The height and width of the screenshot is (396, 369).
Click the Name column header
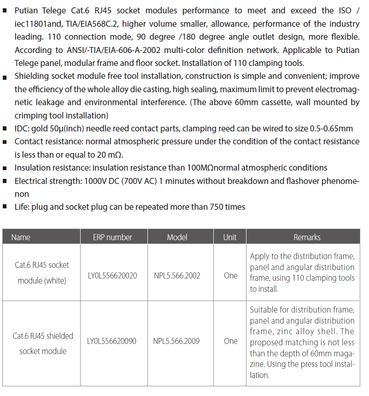(x=21, y=237)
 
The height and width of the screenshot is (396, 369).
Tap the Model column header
(x=177, y=237)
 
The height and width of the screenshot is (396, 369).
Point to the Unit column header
(x=230, y=237)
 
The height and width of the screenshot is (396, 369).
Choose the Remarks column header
(x=307, y=237)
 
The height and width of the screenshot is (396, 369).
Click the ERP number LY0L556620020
(x=112, y=276)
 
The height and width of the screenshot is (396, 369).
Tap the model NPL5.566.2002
(x=177, y=276)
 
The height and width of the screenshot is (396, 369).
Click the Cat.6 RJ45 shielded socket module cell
(x=43, y=343)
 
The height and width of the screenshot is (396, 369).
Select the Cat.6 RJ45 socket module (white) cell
(x=42, y=272)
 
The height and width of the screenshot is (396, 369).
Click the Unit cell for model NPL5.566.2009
(x=230, y=341)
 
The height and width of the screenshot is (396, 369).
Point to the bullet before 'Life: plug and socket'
(x=5, y=207)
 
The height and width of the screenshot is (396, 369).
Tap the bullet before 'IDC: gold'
(x=5, y=129)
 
